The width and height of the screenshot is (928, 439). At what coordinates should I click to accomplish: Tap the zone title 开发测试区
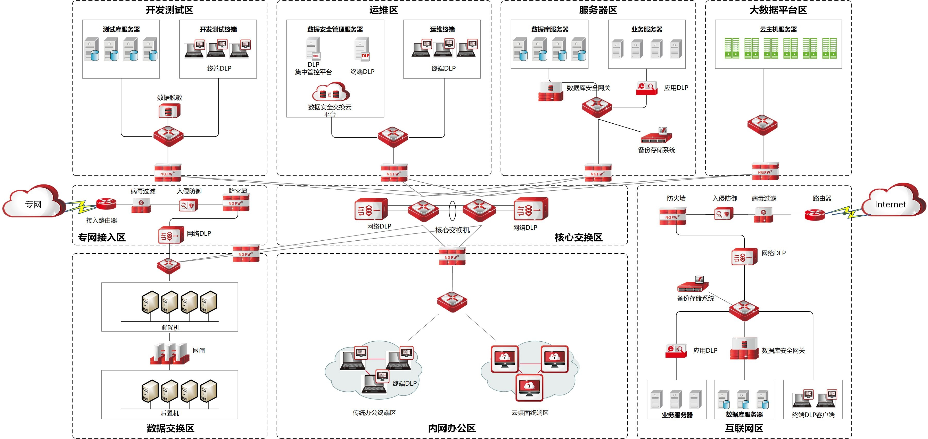(x=169, y=10)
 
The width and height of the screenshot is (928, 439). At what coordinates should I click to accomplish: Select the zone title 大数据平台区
(x=778, y=10)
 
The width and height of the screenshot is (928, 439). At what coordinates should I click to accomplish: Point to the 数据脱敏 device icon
(x=169, y=111)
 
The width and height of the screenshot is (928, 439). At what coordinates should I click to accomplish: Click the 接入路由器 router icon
(x=106, y=204)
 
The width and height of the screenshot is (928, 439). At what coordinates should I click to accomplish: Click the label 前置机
(x=170, y=327)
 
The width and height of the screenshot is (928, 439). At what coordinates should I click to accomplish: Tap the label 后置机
(x=170, y=413)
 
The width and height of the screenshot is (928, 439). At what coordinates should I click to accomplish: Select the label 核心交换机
(x=453, y=230)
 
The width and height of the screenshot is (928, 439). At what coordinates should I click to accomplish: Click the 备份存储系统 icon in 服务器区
(x=656, y=136)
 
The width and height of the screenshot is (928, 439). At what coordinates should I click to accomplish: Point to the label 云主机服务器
(x=778, y=29)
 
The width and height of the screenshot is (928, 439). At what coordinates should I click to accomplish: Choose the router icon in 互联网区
(x=815, y=215)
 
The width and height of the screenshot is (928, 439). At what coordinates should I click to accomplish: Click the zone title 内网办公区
(x=452, y=428)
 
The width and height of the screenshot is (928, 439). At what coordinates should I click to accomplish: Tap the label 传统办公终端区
(x=374, y=413)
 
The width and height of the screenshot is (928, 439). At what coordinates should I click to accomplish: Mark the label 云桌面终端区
(x=530, y=413)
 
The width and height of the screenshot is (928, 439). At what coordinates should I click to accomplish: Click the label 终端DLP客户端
(x=813, y=415)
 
